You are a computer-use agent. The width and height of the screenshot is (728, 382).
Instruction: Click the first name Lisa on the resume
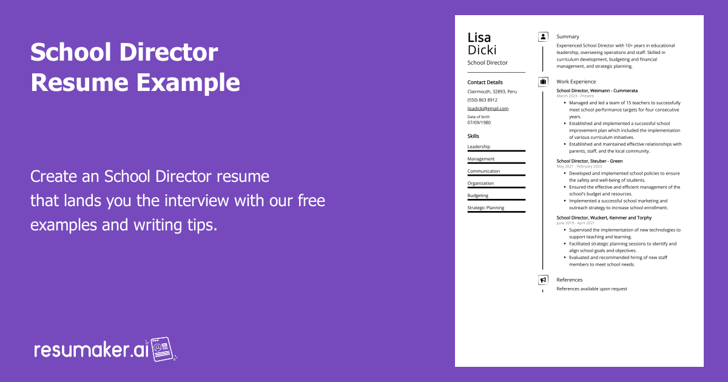[x=479, y=38]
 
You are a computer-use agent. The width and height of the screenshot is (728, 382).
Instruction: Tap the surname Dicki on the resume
[x=482, y=50]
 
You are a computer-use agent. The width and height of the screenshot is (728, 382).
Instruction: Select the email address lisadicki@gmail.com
[x=488, y=109]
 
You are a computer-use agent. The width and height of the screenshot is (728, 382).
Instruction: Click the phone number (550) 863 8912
[x=482, y=100]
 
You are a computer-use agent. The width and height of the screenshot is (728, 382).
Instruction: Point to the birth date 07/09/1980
[x=479, y=122]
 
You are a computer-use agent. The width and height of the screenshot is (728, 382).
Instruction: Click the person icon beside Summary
[x=543, y=36]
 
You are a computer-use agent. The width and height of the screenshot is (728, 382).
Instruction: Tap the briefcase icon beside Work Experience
[x=543, y=81]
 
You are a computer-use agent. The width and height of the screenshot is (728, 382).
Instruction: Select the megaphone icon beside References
[x=543, y=280]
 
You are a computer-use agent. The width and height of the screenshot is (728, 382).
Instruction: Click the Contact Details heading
[x=485, y=82]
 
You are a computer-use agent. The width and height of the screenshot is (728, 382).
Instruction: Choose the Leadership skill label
[x=479, y=147]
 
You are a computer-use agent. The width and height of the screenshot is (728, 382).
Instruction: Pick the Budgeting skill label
[x=478, y=196]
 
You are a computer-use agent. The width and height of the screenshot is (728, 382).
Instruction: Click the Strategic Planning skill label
[x=485, y=208]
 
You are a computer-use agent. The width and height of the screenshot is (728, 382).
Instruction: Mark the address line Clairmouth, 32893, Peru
[x=492, y=92]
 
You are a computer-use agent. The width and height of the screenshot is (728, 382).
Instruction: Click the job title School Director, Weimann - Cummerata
[x=597, y=90]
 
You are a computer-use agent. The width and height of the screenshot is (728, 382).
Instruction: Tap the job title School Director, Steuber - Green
[x=589, y=161]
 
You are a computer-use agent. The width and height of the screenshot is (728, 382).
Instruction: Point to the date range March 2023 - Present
[x=575, y=96]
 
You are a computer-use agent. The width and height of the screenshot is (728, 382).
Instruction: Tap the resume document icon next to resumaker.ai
[x=163, y=349]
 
